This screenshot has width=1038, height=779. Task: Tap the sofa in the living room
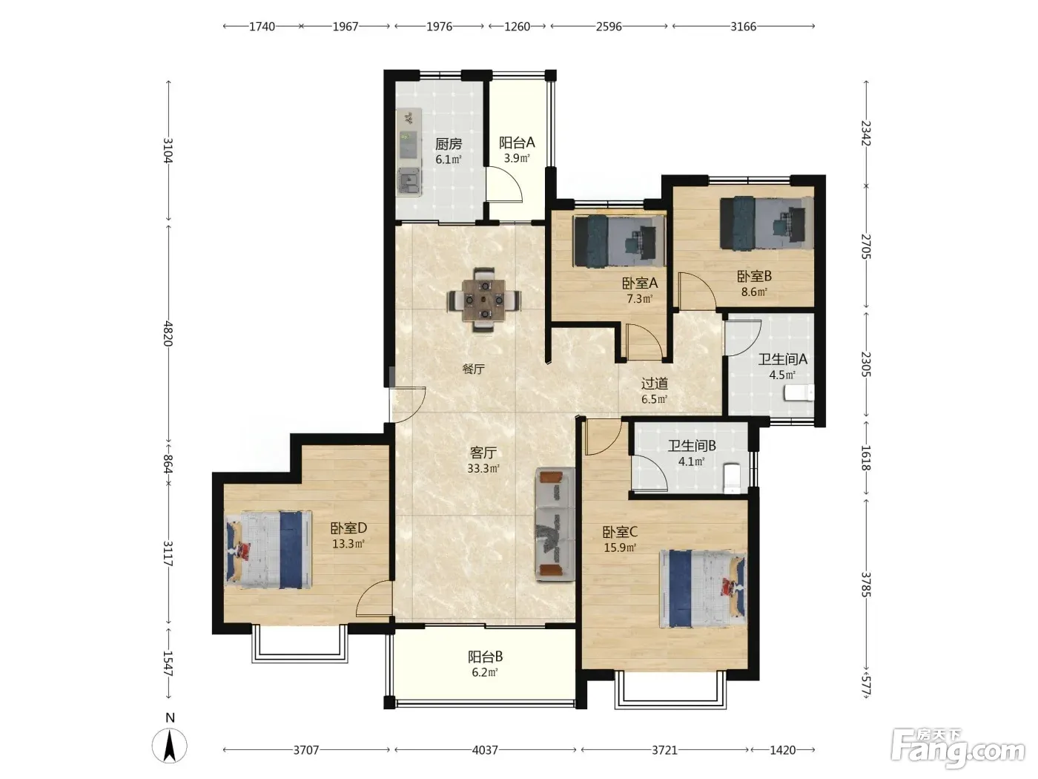555,524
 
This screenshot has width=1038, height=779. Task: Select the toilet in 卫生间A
799,392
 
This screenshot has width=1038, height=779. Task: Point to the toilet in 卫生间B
732,479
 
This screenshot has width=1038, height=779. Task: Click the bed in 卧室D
268,549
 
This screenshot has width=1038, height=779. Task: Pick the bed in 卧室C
703,588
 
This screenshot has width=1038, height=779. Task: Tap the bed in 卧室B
767,223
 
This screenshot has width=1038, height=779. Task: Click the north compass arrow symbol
169,746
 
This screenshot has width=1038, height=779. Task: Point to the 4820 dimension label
168,333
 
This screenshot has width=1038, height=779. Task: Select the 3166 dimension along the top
743,27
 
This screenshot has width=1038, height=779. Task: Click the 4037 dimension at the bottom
485,749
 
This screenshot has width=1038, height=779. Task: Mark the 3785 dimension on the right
865,585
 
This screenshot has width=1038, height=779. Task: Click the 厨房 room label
449,143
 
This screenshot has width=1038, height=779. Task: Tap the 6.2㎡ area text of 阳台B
485,672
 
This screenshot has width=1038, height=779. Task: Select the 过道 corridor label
655,383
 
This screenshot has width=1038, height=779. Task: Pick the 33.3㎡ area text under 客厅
483,469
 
